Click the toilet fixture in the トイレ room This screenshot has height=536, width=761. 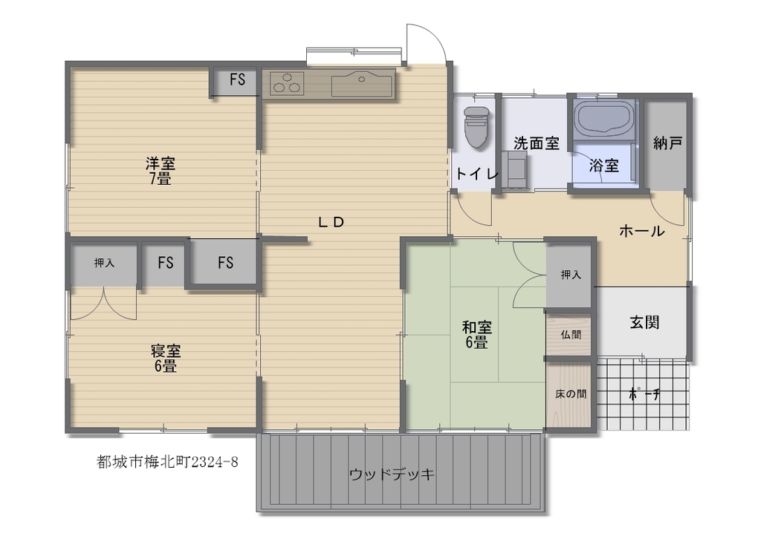476,126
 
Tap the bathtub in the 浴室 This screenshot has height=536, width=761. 603,118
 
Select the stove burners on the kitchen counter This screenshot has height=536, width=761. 287,83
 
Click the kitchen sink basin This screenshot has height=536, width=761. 362,85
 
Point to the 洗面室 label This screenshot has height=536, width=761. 537,143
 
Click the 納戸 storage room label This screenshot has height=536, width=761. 667,143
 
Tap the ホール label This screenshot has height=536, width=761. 641,231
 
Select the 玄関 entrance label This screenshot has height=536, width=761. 644,322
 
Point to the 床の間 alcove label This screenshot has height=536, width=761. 570,394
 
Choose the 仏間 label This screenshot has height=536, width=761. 570,334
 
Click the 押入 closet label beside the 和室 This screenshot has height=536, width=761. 570,275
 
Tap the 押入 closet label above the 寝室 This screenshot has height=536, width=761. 104,263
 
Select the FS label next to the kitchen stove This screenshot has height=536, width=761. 237,79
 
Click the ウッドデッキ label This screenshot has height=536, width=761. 392,474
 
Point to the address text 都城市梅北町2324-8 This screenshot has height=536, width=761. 167,462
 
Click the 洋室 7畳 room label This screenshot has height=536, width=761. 161,171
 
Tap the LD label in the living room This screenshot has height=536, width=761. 331,222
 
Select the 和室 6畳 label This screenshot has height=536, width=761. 476,334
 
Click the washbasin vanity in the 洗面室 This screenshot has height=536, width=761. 514,169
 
